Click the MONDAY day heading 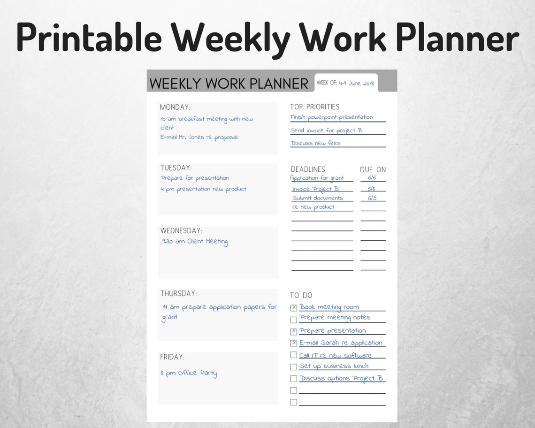point(175,107)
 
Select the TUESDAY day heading point(176,168)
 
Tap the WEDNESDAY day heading point(181,231)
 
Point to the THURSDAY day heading point(178,294)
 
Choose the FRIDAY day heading point(172,357)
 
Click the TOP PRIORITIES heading point(314,107)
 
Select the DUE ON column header point(373,170)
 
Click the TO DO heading point(301,296)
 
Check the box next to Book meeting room point(294,308)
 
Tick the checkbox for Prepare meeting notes point(294,320)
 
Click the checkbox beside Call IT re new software point(294,355)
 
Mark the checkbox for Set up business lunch point(294,367)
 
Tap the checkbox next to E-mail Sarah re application point(294,343)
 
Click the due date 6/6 point(372,178)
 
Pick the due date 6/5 point(372,198)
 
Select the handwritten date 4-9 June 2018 point(356,83)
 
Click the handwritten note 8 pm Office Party point(189,374)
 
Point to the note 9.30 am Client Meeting point(195,242)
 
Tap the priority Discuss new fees point(315,143)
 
